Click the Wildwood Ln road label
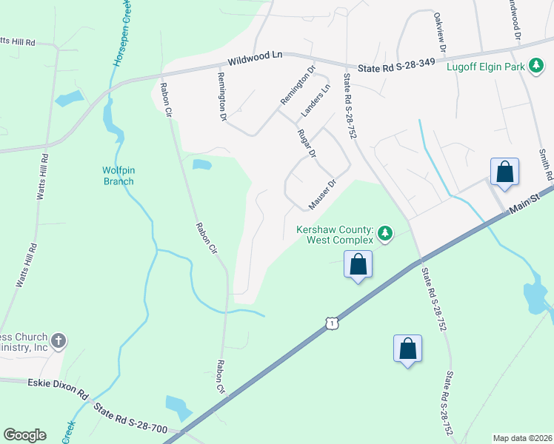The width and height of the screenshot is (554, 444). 256,55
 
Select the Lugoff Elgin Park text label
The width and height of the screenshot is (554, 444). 486,67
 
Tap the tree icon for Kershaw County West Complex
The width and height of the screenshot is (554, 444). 384,235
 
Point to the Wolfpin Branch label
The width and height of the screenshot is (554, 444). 124,175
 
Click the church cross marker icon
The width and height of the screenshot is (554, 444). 59,341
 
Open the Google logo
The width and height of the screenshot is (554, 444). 24,435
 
